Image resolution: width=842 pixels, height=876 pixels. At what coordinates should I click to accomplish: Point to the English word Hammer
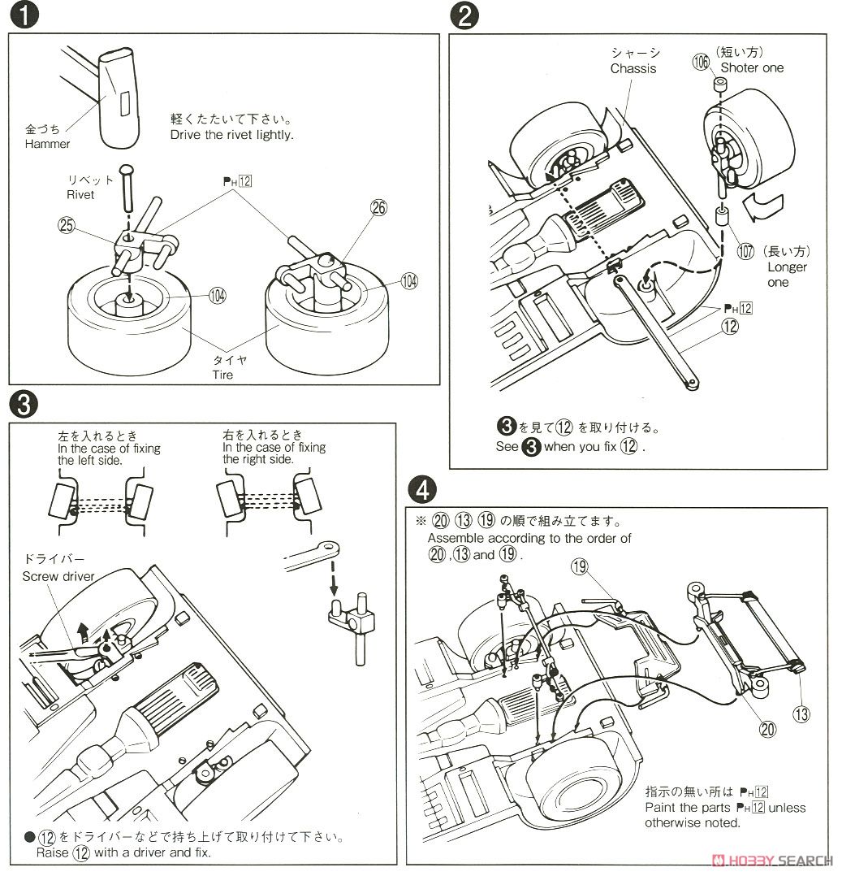tap(48, 144)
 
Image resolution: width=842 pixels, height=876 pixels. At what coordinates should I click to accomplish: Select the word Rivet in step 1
tap(80, 194)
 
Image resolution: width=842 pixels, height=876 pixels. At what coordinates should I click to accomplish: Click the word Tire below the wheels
tap(222, 375)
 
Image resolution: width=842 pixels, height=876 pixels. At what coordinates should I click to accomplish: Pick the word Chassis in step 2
tap(633, 68)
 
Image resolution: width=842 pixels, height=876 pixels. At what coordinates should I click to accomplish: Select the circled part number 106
tap(702, 61)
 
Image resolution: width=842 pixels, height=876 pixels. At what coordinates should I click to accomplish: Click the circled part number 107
tap(745, 251)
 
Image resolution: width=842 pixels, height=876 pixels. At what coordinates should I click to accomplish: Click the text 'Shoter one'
tap(752, 67)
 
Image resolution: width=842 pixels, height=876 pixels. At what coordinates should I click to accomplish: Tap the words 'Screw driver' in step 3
tap(58, 577)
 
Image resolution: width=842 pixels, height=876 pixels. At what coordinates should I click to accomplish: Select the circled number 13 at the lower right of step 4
tap(801, 714)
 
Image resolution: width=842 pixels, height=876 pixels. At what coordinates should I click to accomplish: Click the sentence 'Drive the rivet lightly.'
tap(232, 135)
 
